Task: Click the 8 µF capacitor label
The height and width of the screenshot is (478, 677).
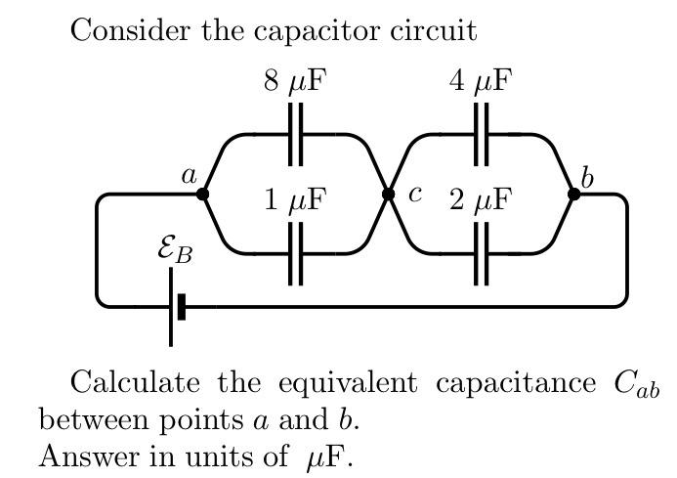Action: pos(294,81)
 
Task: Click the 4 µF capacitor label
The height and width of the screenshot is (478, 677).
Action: pos(480,81)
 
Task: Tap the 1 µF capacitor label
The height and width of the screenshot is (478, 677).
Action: pos(294,200)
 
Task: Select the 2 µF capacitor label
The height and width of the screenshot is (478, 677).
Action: pos(480,200)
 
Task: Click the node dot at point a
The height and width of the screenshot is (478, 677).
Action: pos(202,194)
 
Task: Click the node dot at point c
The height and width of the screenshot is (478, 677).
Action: pos(388,194)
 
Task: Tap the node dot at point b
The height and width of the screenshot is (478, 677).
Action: pos(573,194)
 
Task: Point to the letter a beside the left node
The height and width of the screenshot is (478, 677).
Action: pos(189,176)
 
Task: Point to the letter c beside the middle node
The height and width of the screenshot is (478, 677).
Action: pos(414,193)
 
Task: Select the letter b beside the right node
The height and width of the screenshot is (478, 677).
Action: pos(586,177)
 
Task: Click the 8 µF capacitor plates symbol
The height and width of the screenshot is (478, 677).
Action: pos(295,134)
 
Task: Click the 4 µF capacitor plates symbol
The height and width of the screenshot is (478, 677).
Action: pos(481,134)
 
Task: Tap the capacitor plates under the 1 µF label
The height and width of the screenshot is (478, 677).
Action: pos(295,253)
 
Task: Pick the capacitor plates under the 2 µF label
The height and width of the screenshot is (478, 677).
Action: pos(481,253)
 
